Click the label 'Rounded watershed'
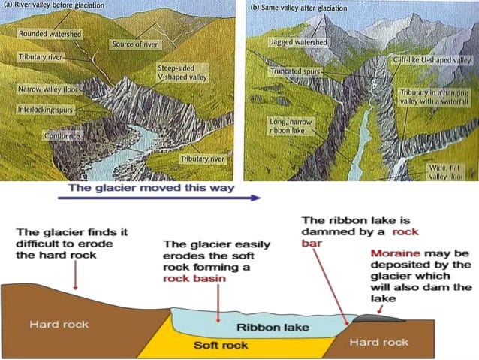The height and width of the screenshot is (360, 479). coord(47,34)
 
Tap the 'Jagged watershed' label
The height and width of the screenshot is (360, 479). coord(298,44)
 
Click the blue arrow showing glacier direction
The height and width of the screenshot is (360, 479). coord(158,198)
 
